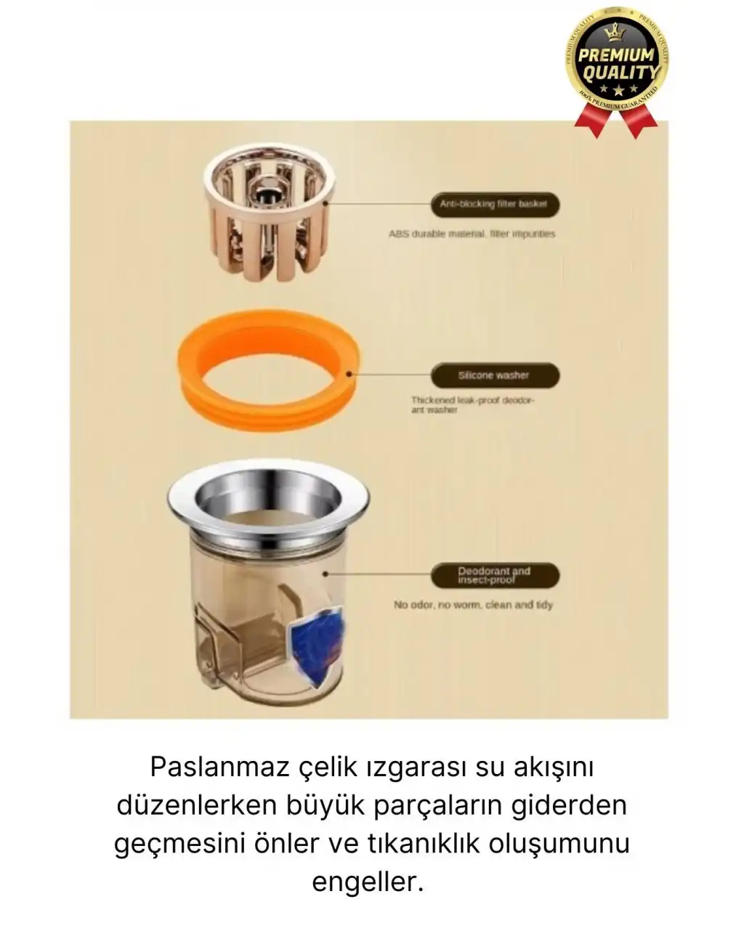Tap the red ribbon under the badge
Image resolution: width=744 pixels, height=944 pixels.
pos(616,120)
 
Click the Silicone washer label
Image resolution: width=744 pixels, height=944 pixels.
pos(494,375)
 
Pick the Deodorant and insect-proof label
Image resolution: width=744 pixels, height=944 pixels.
pos(494,576)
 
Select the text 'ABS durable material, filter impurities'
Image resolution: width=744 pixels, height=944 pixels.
pos(472,234)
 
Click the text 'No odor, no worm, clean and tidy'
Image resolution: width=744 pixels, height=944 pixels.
pos(473,604)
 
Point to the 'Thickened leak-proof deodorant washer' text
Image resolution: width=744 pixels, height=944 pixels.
pos(472,404)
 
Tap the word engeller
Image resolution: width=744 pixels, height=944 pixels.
pos(368,882)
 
